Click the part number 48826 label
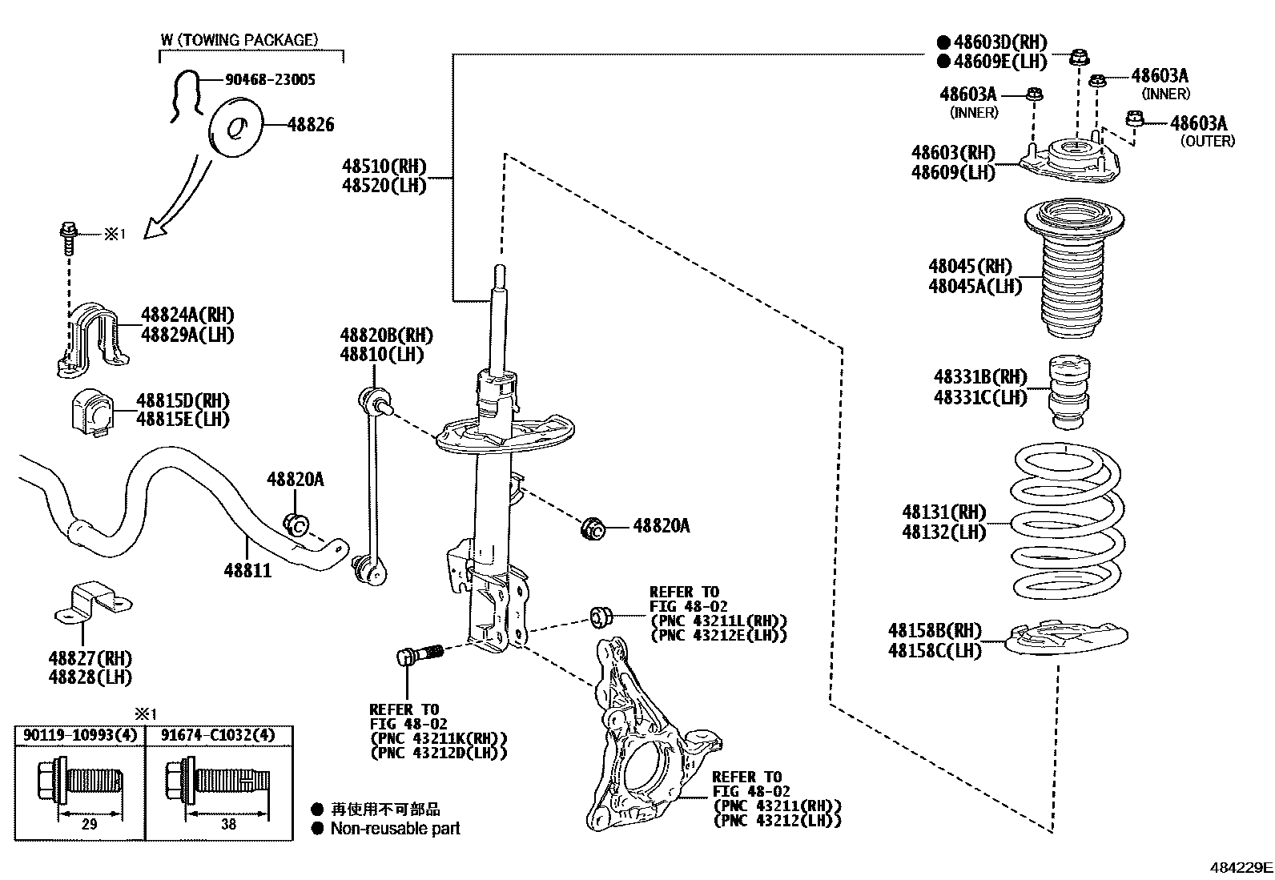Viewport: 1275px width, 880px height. (311, 124)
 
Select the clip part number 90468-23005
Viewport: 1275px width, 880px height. (270, 79)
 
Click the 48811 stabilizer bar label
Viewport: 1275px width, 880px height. (247, 571)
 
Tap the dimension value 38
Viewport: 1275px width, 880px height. (228, 824)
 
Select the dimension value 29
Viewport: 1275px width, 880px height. (89, 824)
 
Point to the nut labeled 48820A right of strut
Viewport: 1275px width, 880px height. (593, 528)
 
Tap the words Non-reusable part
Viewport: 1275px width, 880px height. (396, 828)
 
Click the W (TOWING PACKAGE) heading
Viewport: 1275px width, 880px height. (239, 39)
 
